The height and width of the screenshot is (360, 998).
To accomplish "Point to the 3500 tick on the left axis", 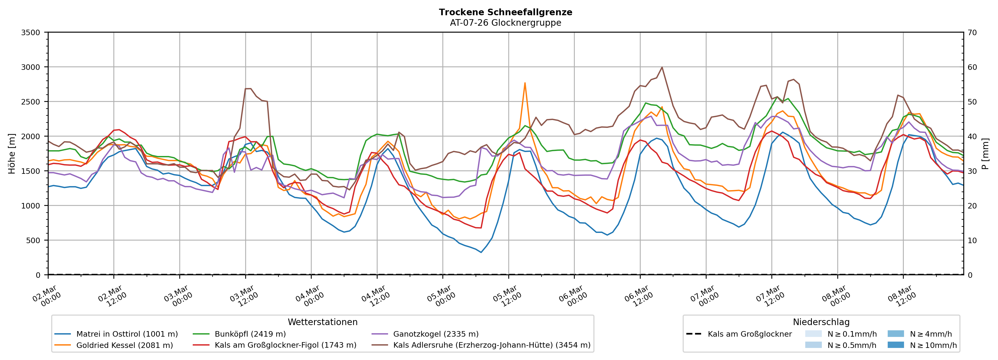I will pos(31,33).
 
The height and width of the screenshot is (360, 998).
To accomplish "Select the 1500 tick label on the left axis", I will pos(31,171).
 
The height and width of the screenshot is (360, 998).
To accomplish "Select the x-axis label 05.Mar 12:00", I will pos(507,296).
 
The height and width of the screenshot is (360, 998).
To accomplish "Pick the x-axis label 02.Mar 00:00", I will pos(47,296).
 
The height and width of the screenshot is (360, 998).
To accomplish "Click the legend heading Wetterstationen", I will pos(322,322).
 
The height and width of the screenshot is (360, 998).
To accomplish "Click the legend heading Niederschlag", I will pos(821,322).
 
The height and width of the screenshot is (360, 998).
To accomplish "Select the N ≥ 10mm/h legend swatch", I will pos(895,345).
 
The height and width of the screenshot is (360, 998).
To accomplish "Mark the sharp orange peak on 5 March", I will pos(525,83).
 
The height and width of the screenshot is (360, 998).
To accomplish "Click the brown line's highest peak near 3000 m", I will pos(662,67).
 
